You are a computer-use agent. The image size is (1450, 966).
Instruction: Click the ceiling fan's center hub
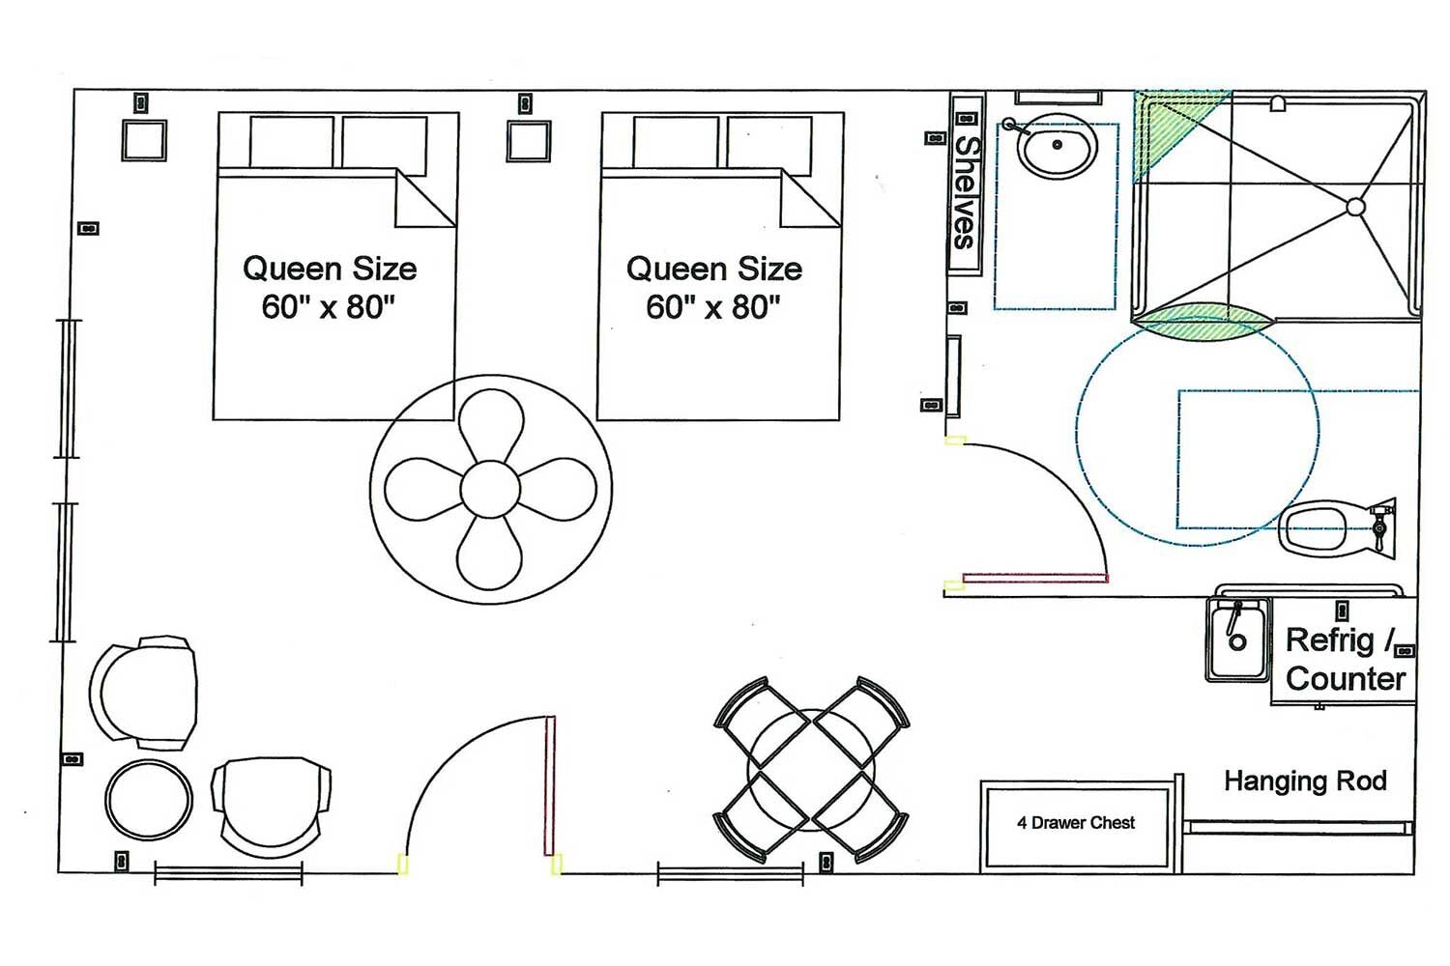[490, 490]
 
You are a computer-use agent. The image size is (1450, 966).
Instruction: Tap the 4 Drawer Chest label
[1076, 822]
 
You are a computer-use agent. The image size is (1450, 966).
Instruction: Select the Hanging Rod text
[1305, 781]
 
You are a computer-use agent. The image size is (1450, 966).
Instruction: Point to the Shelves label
[965, 192]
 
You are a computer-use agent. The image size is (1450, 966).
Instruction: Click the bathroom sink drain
[1058, 144]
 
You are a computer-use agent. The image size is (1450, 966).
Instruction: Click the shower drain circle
[1355, 207]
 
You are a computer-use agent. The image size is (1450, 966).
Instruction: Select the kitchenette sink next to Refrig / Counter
[1237, 639]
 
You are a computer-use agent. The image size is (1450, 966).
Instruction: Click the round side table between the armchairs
[149, 799]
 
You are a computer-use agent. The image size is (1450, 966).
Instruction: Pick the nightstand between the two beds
[529, 141]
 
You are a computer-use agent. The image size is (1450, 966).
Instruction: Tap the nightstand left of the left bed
[144, 140]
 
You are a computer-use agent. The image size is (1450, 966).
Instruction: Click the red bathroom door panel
[1035, 578]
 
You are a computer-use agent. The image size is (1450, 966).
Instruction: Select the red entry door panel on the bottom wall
[550, 785]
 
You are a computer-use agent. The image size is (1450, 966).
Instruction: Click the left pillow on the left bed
[291, 142]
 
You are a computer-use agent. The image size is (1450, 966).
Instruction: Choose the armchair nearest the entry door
[272, 807]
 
